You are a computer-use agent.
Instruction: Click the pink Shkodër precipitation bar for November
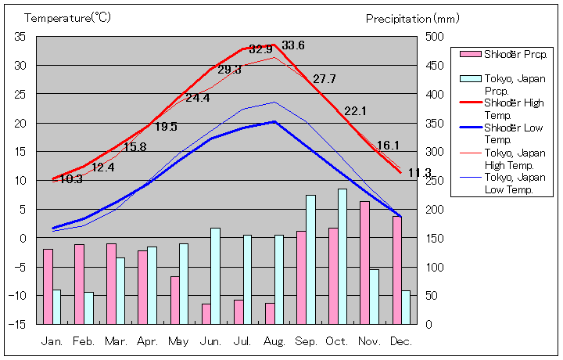coord(364,263)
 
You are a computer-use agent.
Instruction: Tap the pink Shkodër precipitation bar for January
coord(48,286)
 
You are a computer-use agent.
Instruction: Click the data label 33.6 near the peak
coord(293,45)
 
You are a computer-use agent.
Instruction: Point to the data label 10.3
coord(71,179)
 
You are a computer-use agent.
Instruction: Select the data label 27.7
coord(324,79)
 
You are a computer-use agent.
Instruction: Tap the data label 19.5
coord(165,127)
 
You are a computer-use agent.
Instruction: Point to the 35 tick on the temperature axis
coord(20,37)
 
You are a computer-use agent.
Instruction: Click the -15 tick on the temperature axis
coord(17,324)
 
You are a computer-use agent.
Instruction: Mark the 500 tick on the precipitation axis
coord(435,37)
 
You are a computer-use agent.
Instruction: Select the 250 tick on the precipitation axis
coord(435,181)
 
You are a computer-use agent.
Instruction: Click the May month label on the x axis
coord(178,342)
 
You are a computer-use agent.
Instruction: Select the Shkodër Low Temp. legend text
coord(511,134)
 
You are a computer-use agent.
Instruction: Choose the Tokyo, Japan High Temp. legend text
coord(511,158)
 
